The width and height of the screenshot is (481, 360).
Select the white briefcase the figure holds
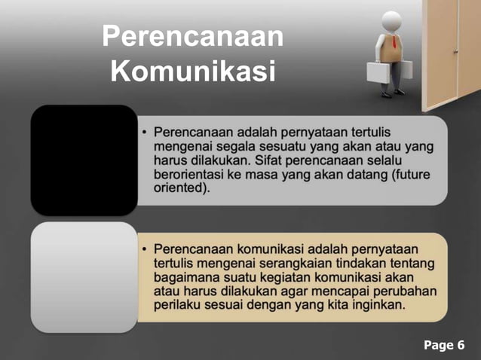[x=379, y=71]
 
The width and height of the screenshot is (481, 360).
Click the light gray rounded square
[x=84, y=276]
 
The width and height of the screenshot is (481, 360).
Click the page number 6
[x=461, y=346]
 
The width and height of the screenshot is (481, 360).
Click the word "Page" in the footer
[x=437, y=346]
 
